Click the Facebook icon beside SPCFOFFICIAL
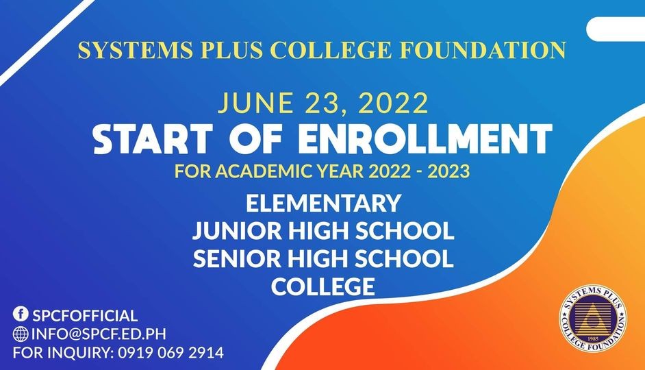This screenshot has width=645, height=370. pyautogui.click(x=21, y=314)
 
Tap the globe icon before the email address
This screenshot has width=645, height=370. pyautogui.click(x=21, y=334)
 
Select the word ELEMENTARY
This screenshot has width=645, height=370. pyautogui.click(x=322, y=203)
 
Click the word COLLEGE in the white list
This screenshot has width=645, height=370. pyautogui.click(x=322, y=286)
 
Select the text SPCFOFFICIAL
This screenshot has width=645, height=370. pyautogui.click(x=85, y=315)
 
